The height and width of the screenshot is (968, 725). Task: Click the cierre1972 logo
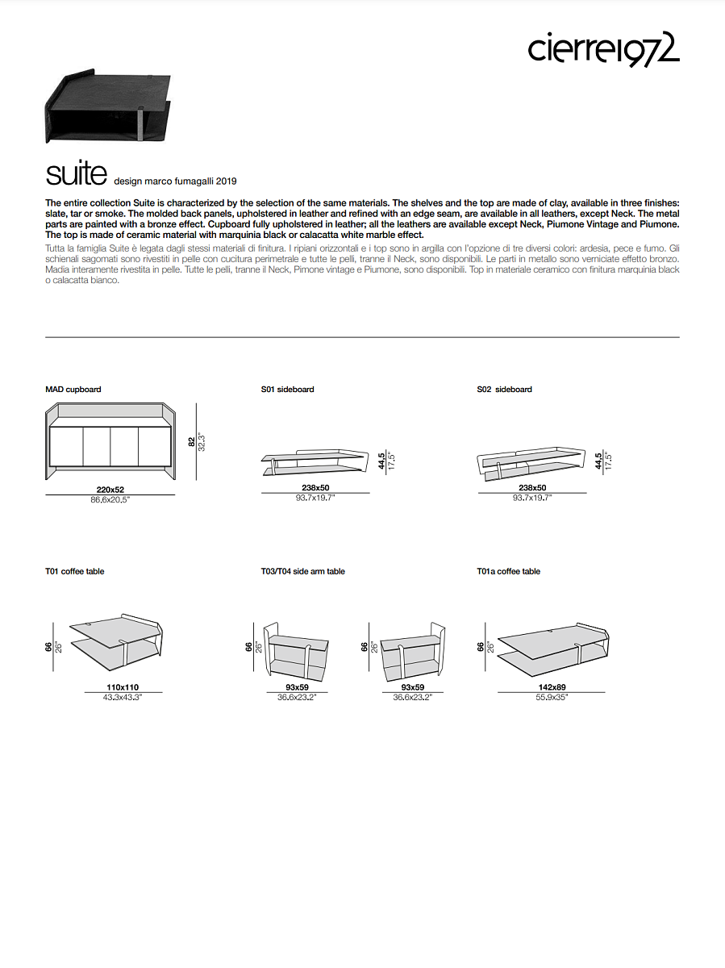click(603, 49)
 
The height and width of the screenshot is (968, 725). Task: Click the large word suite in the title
click(77, 173)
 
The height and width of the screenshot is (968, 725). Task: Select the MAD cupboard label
click(73, 390)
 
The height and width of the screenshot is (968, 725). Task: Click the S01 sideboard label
click(287, 390)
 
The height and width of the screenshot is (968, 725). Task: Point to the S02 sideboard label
click(504, 390)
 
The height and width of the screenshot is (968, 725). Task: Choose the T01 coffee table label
click(75, 572)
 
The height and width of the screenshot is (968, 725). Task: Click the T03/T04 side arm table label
click(302, 572)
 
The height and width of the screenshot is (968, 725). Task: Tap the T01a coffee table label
click(508, 572)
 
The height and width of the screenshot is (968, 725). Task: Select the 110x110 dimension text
click(123, 687)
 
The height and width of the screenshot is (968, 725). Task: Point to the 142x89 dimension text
click(551, 687)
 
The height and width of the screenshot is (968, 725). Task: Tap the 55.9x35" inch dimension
click(551, 697)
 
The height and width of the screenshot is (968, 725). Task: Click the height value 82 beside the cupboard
click(191, 442)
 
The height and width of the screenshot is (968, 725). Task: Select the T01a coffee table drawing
click(553, 645)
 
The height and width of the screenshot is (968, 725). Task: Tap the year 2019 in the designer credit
click(226, 181)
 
